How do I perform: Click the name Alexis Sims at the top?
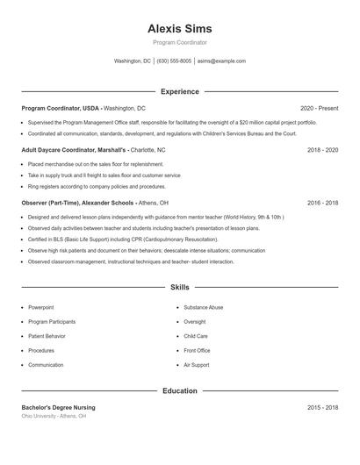[180, 29]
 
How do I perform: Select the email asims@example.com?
[221, 61]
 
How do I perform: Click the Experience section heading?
[180, 91]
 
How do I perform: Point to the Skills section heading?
[180, 287]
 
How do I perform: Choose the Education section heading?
[180, 390]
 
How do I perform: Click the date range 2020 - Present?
[319, 108]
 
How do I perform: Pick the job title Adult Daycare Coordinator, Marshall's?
[75, 150]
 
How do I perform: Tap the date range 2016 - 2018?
[322, 202]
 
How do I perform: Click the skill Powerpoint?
[40, 308]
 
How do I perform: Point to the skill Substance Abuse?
[203, 308]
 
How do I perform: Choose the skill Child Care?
[196, 336]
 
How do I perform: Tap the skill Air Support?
[197, 365]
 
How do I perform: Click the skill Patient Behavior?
[47, 336]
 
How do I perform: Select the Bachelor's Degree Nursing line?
[59, 408]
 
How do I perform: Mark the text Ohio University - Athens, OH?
[54, 416]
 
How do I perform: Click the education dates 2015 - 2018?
[322, 408]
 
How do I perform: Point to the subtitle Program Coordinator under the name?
[180, 42]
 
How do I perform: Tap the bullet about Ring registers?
[97, 186]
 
